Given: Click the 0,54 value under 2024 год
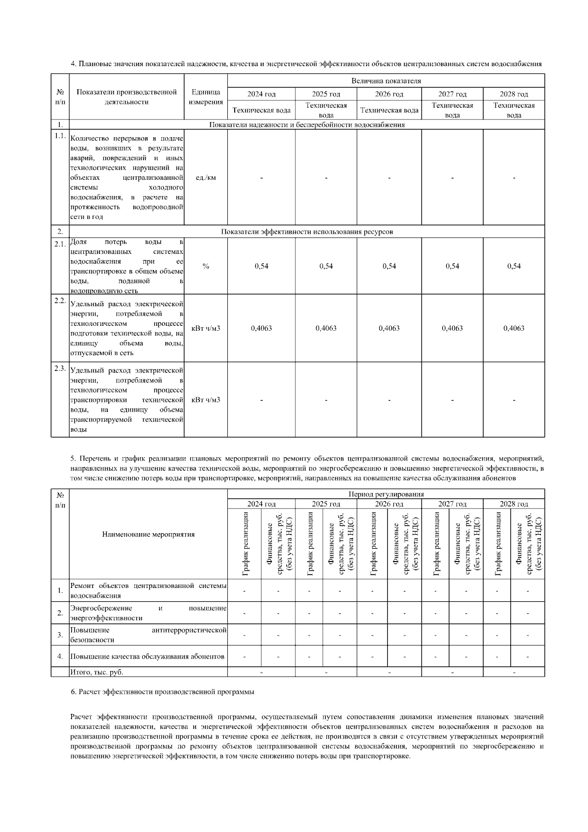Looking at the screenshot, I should click(x=261, y=266).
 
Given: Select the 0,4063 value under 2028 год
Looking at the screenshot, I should click(x=514, y=328).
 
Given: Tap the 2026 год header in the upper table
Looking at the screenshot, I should click(x=389, y=94).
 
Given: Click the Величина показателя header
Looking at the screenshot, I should click(x=386, y=81).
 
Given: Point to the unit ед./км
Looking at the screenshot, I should click(x=205, y=177).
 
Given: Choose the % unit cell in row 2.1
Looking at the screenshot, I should click(x=205, y=266).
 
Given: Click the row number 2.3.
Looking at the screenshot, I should click(x=60, y=368).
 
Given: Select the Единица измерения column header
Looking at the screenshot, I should click(x=205, y=97).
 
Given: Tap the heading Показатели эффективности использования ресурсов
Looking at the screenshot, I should click(x=307, y=232).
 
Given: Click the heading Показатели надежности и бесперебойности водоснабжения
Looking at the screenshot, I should click(x=307, y=124).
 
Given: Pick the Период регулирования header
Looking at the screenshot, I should click(x=386, y=494).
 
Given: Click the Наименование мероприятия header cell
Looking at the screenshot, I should click(x=148, y=534).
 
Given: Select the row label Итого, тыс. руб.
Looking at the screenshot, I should click(x=97, y=672).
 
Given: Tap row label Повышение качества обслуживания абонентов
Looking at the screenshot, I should click(x=147, y=657).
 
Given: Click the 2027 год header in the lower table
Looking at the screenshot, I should click(x=452, y=504).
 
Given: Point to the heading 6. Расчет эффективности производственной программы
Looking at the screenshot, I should click(x=163, y=692).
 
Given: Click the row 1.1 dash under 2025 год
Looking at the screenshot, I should click(x=326, y=177).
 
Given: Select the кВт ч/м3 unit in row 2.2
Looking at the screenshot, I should click(x=205, y=328).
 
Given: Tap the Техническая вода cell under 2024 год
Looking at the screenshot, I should click(x=261, y=110).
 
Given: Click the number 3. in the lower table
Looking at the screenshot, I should click(x=60, y=635).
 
